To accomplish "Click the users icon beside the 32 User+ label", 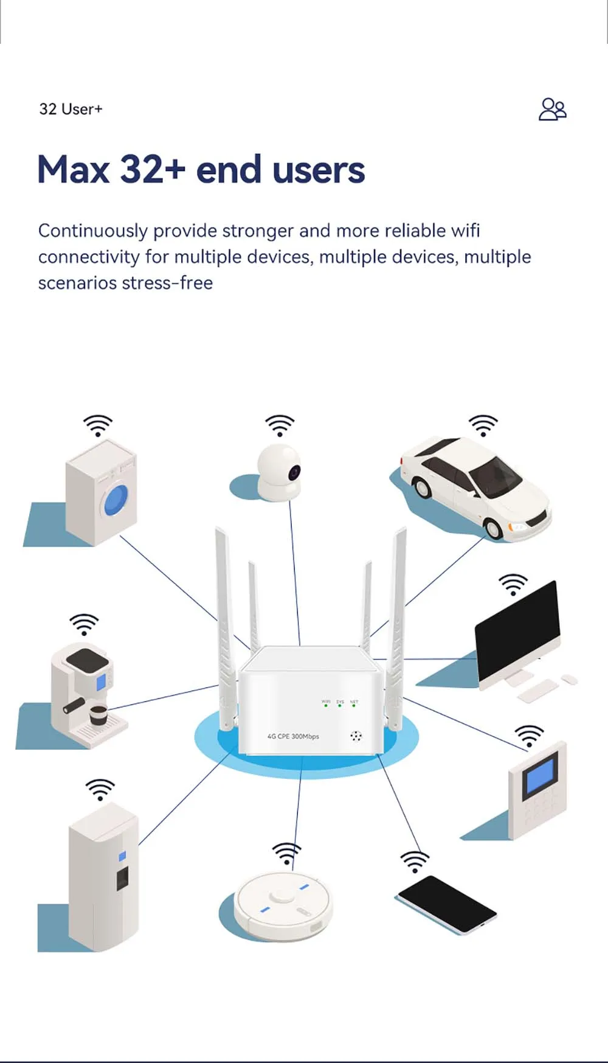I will click(552, 110).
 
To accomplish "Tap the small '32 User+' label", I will click(71, 110).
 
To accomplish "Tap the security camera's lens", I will click(295, 470).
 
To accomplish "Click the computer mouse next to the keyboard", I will click(569, 678).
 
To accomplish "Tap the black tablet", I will click(447, 904).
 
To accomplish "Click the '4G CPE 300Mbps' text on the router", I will click(293, 736).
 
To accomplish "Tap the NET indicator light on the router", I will click(354, 705).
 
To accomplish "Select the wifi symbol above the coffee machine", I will click(84, 624).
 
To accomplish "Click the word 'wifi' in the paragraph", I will click(465, 231).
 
